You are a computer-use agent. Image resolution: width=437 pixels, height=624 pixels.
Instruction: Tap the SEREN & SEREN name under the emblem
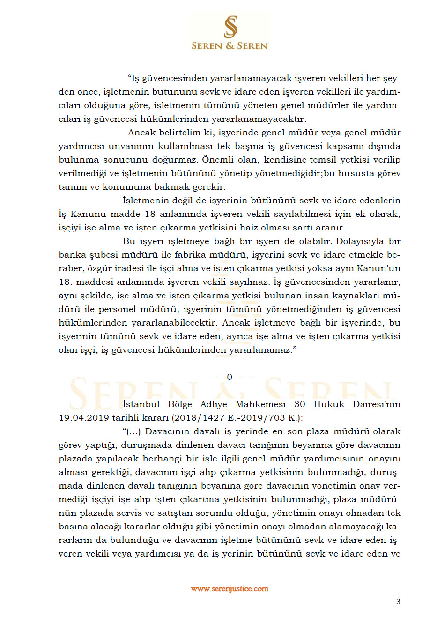(x=230, y=46)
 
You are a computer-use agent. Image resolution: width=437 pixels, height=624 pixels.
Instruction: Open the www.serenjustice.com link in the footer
(x=230, y=589)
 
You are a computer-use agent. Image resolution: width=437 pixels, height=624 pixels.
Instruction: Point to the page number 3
(x=398, y=602)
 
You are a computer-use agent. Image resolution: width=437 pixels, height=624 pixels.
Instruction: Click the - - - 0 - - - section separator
(x=230, y=377)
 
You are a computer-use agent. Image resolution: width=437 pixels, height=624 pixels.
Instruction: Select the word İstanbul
(x=141, y=404)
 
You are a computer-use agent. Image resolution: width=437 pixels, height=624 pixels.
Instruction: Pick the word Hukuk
(x=329, y=404)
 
